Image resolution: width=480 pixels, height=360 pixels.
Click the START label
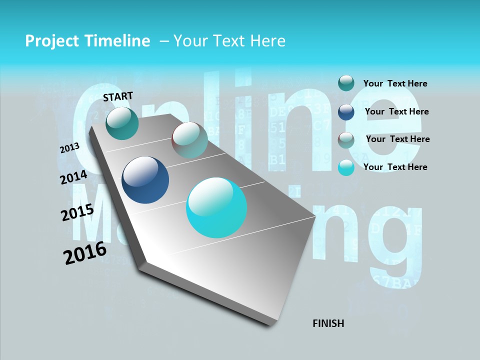118,96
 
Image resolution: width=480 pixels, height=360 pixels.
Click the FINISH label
328,323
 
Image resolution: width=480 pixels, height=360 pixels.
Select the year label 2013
70,148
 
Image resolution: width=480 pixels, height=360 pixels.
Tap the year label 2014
73,177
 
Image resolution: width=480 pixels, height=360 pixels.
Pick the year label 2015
77,212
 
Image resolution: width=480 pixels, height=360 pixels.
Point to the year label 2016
85,252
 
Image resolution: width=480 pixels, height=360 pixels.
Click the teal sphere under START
122,123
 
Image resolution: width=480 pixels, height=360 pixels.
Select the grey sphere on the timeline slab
189,140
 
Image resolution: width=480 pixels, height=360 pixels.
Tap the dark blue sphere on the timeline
145,180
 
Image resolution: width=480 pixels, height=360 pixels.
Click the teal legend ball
346,83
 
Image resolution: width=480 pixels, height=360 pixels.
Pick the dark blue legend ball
346,112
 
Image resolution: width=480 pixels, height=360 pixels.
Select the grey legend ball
346,140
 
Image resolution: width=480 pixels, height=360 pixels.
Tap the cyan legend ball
346,167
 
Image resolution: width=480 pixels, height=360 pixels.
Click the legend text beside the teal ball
395,83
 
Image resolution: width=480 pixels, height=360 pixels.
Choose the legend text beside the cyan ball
395,167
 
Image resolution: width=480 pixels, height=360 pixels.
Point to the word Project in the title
52,41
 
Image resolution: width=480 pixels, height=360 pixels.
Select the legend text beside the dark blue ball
396,111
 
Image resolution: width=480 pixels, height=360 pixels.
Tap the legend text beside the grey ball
397,139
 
